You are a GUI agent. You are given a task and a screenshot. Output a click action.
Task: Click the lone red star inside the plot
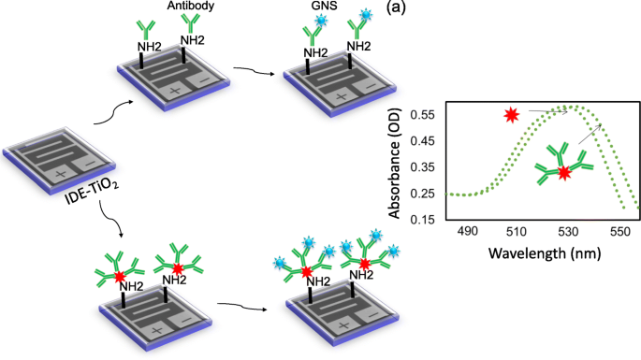[510, 116]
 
